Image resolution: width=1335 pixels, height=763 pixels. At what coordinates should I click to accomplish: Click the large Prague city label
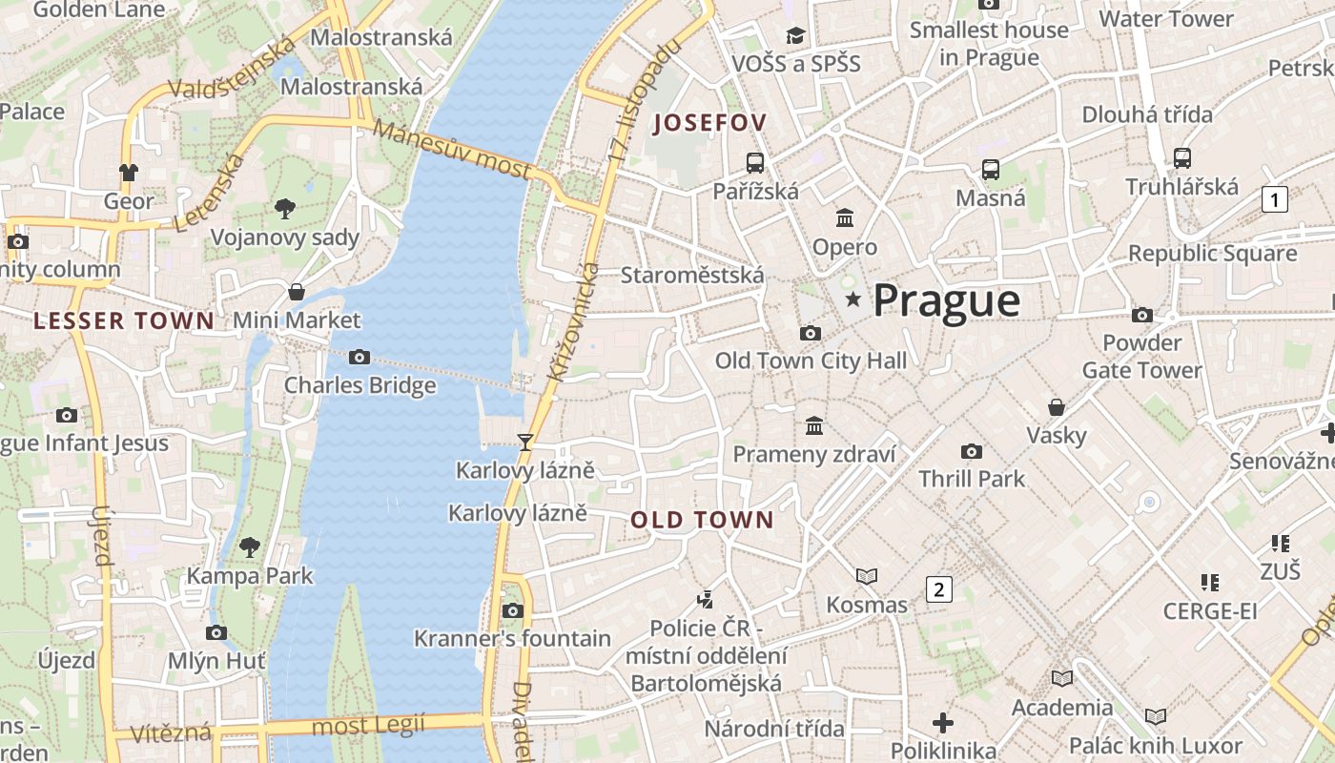[946, 300]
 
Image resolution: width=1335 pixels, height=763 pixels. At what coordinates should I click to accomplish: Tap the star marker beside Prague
[852, 300]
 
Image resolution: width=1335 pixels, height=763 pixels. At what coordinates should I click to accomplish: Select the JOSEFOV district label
[709, 123]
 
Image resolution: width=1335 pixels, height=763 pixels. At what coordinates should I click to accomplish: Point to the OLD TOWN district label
[702, 520]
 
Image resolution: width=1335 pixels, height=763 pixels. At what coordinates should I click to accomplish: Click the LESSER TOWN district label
[124, 321]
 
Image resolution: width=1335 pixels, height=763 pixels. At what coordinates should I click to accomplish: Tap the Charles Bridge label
[359, 385]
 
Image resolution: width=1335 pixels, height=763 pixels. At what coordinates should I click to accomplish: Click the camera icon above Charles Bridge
[359, 357]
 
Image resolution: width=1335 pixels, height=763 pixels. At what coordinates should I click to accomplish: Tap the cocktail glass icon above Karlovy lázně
[524, 442]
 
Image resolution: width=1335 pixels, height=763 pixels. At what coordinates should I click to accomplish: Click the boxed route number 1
[1274, 199]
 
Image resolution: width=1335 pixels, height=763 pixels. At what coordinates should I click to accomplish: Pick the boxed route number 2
[938, 589]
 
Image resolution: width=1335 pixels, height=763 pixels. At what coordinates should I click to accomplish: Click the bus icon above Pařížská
[755, 162]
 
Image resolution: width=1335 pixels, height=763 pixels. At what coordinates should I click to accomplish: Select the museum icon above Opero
[845, 218]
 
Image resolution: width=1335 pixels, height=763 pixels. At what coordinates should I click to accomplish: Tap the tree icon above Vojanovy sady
[284, 208]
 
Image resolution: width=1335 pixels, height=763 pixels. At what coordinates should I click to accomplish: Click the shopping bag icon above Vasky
[1057, 407]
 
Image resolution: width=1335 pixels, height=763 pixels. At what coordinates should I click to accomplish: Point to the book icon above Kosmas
[866, 576]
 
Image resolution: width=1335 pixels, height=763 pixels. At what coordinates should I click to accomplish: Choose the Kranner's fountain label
[512, 638]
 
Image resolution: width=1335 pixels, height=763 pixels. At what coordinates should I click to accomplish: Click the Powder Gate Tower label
[1141, 356]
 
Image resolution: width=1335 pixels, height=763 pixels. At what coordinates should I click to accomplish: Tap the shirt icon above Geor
[129, 173]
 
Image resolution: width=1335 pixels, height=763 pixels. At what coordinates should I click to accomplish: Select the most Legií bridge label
[368, 726]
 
